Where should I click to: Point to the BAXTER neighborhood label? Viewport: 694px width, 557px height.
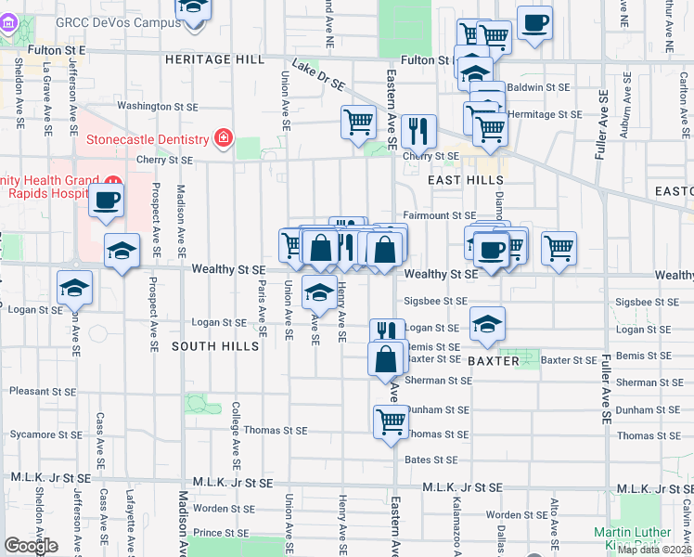pyautogui.click(x=493, y=360)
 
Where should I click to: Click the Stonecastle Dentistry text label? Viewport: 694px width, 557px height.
pyautogui.click(x=147, y=139)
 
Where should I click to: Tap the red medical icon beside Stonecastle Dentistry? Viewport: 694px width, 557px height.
pyautogui.click(x=223, y=139)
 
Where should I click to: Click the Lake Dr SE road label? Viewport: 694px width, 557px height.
pyautogui.click(x=317, y=74)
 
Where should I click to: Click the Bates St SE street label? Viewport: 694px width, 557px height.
pyautogui.click(x=431, y=460)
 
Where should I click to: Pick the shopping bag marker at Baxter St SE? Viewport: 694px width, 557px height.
pyautogui.click(x=386, y=358)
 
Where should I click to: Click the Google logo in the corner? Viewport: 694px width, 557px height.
pyautogui.click(x=31, y=546)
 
